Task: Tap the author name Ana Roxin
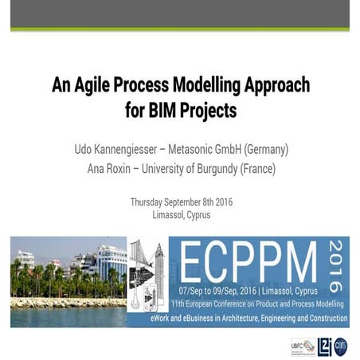(108, 168)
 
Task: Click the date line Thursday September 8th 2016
(180, 202)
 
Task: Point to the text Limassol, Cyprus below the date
(180, 215)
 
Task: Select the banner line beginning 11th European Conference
(257, 304)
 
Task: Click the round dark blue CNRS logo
(340, 345)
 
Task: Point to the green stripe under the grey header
(180, 29)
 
